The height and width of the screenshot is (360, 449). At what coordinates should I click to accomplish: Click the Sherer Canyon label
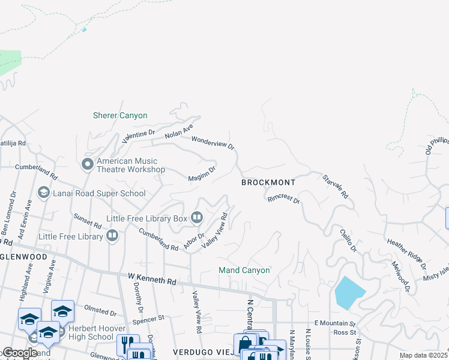coord(120,115)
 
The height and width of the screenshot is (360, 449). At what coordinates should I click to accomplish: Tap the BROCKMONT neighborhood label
coord(268,182)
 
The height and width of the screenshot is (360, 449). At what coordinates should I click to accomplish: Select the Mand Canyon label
coord(244,270)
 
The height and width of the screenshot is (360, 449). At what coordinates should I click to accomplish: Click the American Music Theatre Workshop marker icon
coord(87,163)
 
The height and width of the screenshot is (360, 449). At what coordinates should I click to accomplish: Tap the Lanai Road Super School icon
coord(43,193)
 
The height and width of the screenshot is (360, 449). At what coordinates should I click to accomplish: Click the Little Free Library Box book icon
coord(197,217)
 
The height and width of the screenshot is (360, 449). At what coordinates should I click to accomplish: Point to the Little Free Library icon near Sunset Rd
coord(112,236)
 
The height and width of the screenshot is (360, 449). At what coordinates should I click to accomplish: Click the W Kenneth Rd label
coord(152,280)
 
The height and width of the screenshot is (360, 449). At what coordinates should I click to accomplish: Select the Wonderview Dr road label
coord(212,142)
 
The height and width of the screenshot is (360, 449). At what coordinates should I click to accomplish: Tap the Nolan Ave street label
coord(179,130)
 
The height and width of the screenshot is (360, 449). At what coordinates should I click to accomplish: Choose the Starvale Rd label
coord(335,187)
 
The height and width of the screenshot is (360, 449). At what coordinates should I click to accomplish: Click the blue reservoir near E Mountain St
coord(349,292)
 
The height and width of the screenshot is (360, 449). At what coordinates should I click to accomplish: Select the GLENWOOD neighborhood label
coord(24,256)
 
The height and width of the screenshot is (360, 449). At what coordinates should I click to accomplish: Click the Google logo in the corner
coord(20,353)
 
